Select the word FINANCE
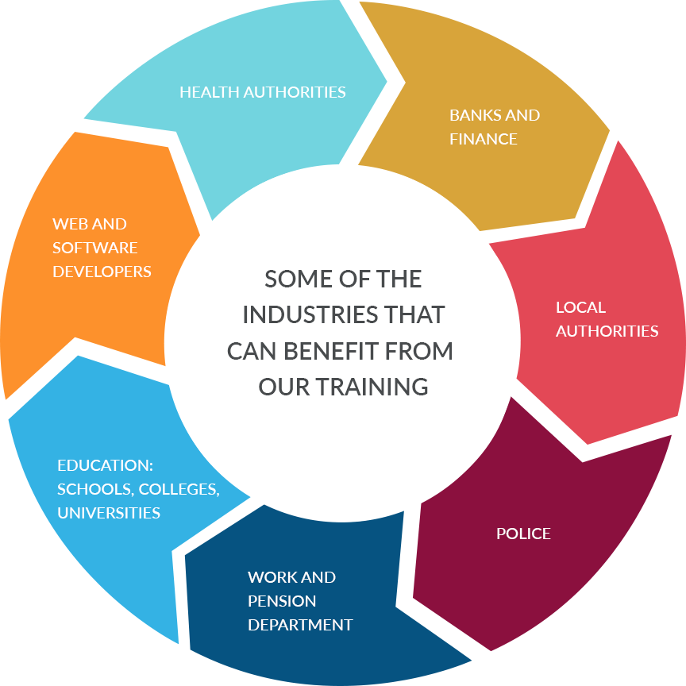point(484,139)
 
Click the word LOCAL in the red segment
point(580,307)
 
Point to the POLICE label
point(523,534)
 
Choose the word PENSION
point(282,601)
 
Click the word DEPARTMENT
point(300,625)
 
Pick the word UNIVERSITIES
point(109,513)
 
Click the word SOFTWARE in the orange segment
point(94,248)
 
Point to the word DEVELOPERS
point(102,272)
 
